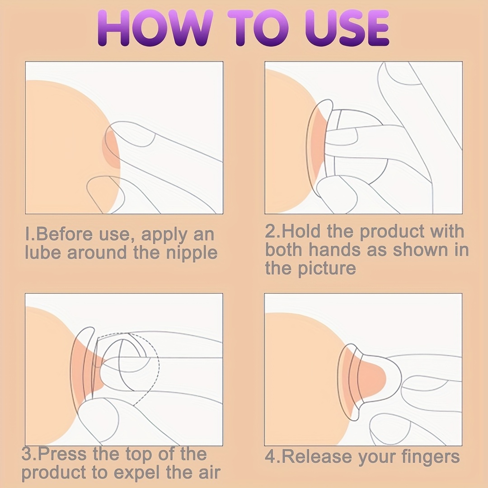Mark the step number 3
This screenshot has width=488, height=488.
tap(27, 454)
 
